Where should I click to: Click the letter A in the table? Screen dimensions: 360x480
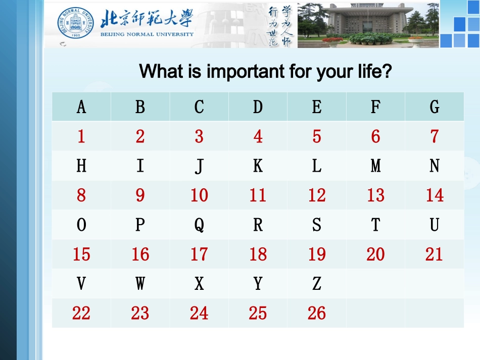(x=81, y=107)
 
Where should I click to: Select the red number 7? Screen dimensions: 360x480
(x=435, y=136)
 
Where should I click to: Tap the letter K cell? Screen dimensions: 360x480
(x=258, y=166)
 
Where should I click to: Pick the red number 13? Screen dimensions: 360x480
(x=375, y=195)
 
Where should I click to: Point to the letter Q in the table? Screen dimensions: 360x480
(x=199, y=225)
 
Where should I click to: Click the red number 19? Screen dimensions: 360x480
(x=317, y=254)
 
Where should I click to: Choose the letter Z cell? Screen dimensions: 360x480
(x=317, y=284)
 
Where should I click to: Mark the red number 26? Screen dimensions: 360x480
(x=317, y=313)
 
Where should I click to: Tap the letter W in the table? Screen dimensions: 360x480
(x=140, y=284)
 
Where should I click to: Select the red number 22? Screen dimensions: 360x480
(x=81, y=313)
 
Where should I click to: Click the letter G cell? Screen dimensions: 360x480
(x=435, y=107)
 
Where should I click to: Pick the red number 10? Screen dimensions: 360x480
(x=199, y=195)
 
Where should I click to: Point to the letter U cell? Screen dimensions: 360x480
(x=435, y=225)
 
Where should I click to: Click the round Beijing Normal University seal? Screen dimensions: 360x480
(x=76, y=24)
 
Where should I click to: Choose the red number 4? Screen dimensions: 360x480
(x=258, y=136)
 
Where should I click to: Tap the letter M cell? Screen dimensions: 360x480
(x=375, y=166)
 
